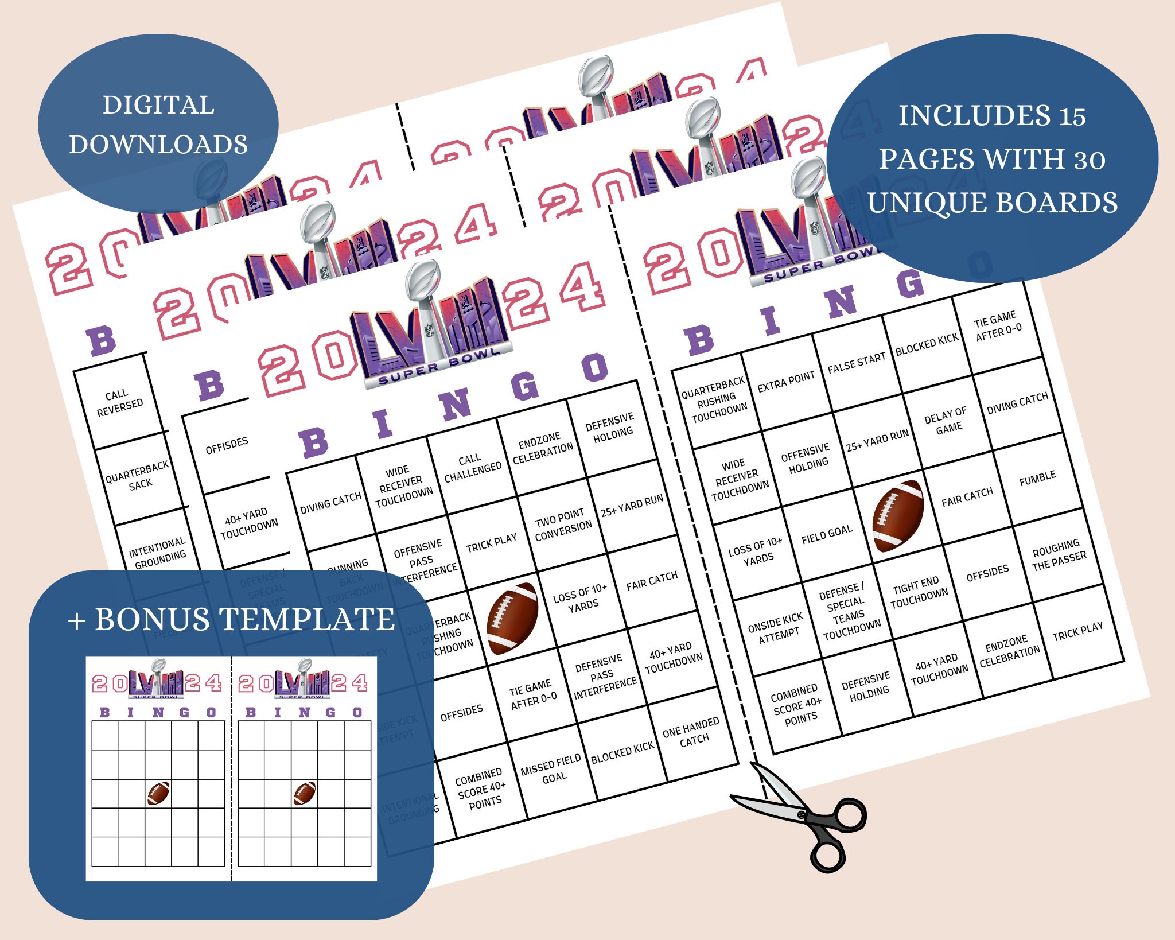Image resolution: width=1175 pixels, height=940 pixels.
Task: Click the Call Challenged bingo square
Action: [472, 464]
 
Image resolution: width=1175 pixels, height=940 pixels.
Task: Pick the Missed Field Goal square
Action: [551, 771]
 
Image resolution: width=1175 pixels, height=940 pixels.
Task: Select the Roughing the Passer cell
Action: [1059, 555]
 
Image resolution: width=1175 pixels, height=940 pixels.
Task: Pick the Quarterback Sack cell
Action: [138, 476]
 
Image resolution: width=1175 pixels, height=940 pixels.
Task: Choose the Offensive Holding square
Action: [807, 457]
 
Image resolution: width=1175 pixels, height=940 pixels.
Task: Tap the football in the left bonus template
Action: [158, 793]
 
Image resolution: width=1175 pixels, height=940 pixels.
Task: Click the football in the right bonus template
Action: [305, 793]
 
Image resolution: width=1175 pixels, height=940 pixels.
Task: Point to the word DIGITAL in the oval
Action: [158, 105]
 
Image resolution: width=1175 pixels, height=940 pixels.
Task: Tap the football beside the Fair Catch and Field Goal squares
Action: [897, 515]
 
